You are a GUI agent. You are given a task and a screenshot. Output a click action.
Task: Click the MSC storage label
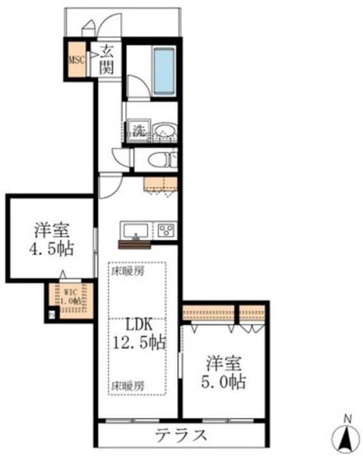coord(76,59)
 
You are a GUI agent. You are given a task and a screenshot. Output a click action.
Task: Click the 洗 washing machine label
coord(139,131)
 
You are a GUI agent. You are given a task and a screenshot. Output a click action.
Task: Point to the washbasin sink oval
coord(164,131)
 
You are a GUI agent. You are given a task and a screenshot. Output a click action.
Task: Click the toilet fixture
coord(159,160)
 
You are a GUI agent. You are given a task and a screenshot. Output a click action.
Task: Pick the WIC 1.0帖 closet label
coord(71,297)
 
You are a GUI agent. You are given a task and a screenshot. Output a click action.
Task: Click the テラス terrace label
coord(181,437)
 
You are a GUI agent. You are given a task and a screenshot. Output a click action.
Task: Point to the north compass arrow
coord(348,438)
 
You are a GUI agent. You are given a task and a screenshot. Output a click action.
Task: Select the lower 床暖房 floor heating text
coord(128,385)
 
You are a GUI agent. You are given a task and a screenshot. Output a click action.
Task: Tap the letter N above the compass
coord(348,419)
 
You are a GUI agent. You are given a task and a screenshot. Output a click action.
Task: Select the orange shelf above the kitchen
coord(160,183)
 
